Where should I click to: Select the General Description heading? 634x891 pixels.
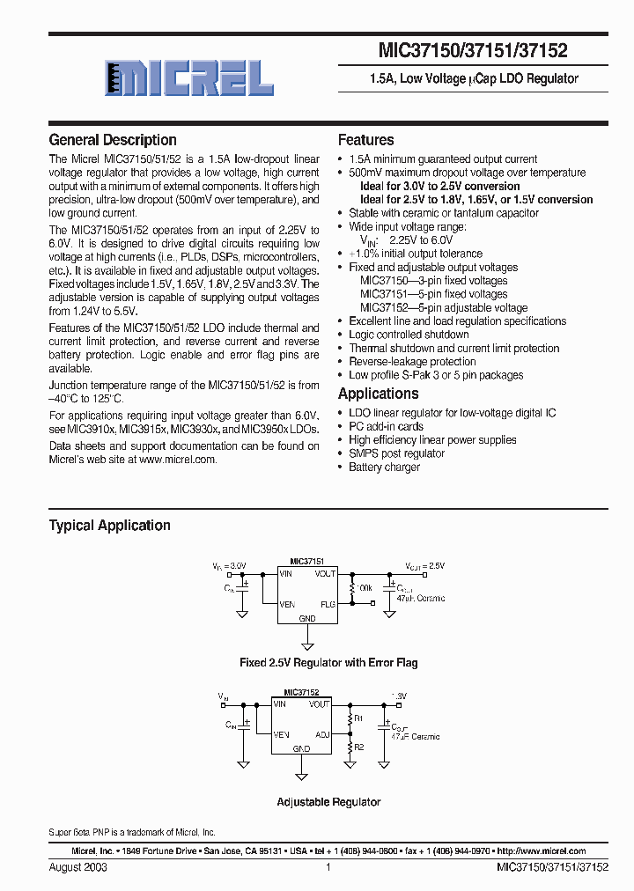(113, 140)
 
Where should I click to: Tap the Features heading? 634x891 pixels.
(366, 140)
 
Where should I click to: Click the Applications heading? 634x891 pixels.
(379, 394)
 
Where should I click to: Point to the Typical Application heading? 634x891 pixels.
(110, 526)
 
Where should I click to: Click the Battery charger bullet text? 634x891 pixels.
(385, 468)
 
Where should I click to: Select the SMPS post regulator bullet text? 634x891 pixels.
(396, 453)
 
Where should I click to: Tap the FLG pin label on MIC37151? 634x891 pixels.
(328, 604)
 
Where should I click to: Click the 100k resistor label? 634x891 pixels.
(364, 585)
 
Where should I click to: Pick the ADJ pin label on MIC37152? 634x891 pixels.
(323, 734)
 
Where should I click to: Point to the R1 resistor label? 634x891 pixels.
(357, 718)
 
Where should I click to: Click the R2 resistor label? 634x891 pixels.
(357, 747)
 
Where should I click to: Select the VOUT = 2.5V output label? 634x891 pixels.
(425, 566)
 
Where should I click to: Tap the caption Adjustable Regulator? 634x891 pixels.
(328, 802)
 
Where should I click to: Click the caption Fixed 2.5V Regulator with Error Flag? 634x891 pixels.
(328, 662)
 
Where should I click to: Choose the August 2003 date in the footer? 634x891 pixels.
(78, 867)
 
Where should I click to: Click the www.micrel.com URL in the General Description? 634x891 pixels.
(177, 460)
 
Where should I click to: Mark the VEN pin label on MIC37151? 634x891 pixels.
(288, 604)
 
